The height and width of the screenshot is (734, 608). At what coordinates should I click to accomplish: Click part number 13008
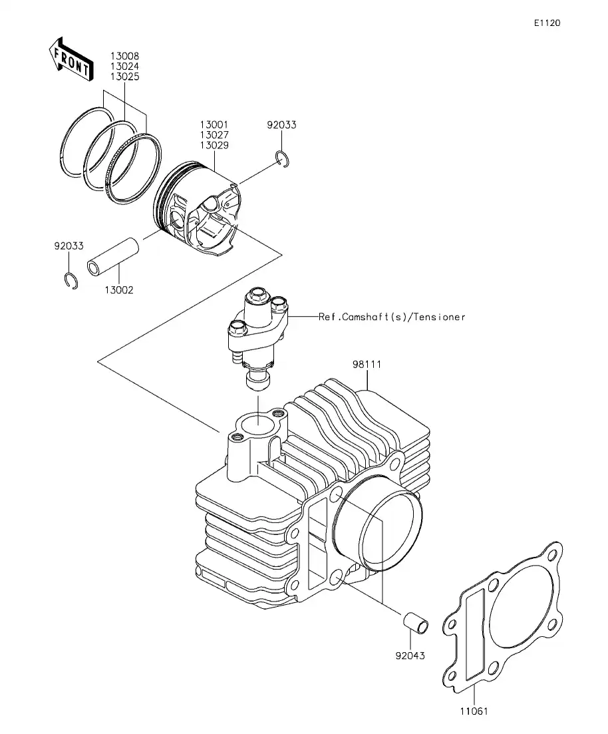coord(126,57)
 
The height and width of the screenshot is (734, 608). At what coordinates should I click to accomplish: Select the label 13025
coord(126,77)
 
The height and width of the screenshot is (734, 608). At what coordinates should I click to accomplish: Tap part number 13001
coord(214,124)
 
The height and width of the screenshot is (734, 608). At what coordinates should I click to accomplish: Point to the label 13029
coord(214,144)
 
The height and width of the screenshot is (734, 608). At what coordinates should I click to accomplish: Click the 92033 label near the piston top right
coord(281,124)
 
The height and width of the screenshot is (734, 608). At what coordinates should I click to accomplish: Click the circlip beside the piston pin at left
coord(72,281)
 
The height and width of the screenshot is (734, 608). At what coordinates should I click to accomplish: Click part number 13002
coord(118,289)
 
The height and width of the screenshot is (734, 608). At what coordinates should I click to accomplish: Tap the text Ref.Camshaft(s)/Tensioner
coord(392,317)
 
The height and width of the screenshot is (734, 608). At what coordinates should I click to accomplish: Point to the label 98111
coord(367,364)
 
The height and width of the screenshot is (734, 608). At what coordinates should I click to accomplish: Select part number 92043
coord(410,655)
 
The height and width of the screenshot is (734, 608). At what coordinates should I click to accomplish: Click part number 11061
coord(474,711)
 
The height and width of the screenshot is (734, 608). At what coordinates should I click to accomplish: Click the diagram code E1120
coord(546,23)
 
